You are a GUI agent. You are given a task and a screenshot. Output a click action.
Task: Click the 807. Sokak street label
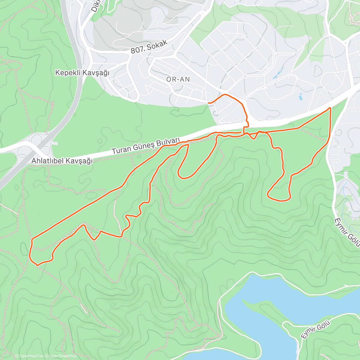(149, 47)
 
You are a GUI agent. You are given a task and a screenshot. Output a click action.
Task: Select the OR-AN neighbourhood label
(178, 79)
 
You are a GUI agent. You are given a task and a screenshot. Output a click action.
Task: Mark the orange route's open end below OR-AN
(208, 103)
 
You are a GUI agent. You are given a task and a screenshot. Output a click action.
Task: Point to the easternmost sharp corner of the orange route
(330, 108)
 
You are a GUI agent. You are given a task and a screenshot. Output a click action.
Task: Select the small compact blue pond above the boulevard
(300, 97)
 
